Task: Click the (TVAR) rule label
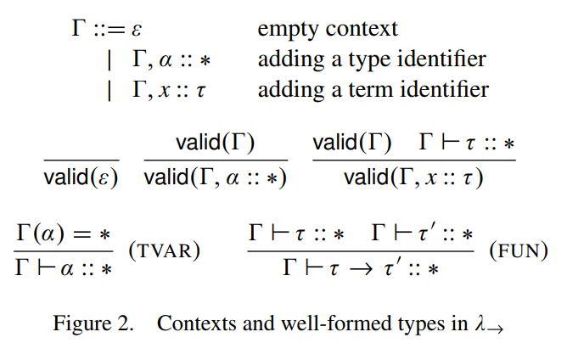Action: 163,251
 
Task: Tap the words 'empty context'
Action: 328,30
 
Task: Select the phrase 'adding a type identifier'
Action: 372,59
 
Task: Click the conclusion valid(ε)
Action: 81,178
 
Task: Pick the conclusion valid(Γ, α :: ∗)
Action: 216,178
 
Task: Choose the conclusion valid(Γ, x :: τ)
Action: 413,178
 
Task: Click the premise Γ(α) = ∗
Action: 64,233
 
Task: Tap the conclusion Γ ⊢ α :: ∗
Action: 64,269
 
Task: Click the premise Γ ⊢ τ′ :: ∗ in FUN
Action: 422,233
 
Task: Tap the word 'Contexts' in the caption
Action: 192,323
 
